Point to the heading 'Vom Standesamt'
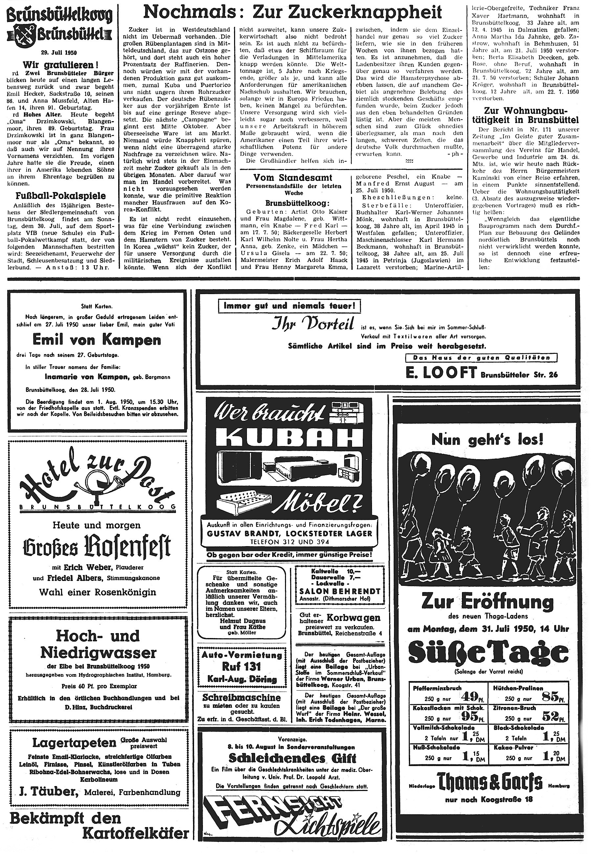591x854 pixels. [293, 177]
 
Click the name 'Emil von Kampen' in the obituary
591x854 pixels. [97, 339]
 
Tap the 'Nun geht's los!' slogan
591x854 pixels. [487, 439]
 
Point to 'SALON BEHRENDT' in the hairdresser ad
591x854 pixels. [340, 591]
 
